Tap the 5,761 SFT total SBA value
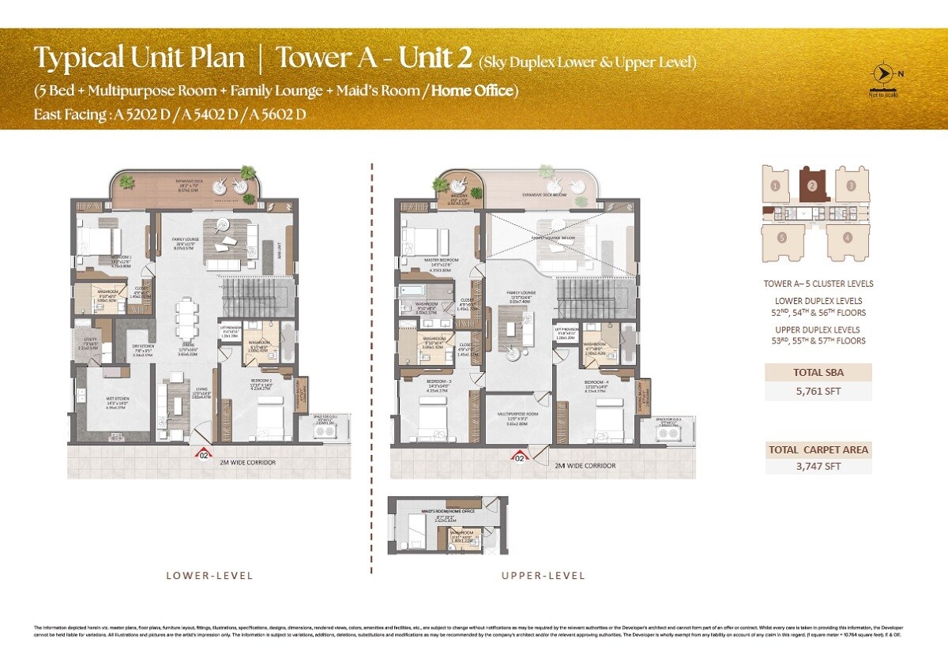click(x=818, y=389)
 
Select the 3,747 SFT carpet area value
click(x=818, y=466)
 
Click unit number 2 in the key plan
click(x=812, y=186)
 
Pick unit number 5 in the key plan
click(x=781, y=236)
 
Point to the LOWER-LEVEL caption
click(x=209, y=576)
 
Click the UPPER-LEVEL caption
click(x=544, y=576)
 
